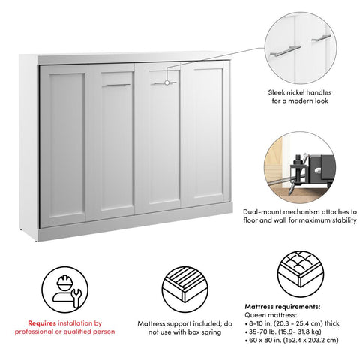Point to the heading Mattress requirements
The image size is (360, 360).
click(282, 307)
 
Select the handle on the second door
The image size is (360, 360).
click(116, 85)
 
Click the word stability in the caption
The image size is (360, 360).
click(334, 220)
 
